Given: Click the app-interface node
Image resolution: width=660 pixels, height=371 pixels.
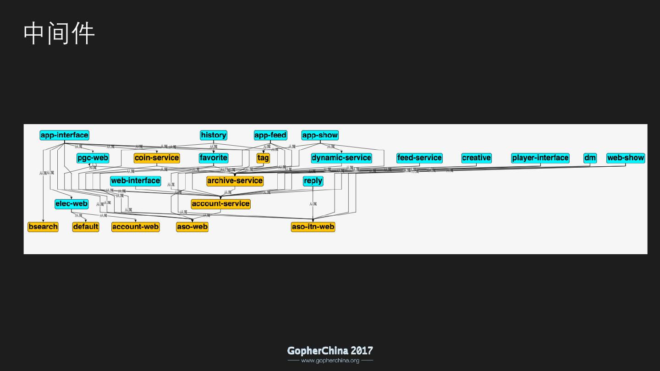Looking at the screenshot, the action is pos(64,135).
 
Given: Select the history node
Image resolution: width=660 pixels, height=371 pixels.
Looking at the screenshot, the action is pos(214,135).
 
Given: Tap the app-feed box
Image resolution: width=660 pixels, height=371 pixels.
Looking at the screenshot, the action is pos(270,135).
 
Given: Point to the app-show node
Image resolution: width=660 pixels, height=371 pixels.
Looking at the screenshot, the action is pos(320,135).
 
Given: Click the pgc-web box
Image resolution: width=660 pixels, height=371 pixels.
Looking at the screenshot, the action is pos(93,158).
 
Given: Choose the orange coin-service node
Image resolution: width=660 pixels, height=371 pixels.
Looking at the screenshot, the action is pos(157,158).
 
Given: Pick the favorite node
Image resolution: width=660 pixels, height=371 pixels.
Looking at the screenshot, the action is pos(214,158).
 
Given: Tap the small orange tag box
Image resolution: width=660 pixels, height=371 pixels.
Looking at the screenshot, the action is pos(263,158).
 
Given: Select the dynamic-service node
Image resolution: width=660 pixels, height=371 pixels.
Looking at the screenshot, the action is pos(341,158).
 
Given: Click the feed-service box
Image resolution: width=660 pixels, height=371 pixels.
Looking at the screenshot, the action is pos(419,158).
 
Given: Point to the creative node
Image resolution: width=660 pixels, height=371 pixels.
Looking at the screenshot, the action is pos(476,158).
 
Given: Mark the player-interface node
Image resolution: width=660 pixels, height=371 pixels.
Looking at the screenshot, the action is pos(540,158).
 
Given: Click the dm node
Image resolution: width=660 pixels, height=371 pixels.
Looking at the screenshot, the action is pos(590,158).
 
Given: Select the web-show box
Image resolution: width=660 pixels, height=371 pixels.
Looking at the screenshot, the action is pos(626,158).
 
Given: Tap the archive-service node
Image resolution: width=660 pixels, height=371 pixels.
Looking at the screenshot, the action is pos(235,181).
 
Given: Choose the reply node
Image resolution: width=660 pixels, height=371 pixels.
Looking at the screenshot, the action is pos(313,181).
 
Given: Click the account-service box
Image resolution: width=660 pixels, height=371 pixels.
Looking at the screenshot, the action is pos(220,204).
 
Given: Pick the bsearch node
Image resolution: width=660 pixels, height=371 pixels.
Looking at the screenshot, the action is pos(43,227).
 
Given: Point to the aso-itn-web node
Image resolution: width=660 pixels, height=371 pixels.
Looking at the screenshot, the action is pos(313,227).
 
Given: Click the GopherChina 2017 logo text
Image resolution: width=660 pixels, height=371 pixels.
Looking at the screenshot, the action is pos(330,351).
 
